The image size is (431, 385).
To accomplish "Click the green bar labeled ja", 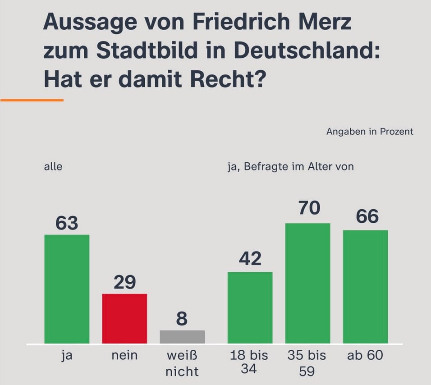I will coord(67,289).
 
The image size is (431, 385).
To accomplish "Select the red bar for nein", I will coord(124,319).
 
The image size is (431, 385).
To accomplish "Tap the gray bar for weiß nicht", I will coord(182,337).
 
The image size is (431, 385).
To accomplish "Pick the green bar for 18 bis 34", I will coord(250,307).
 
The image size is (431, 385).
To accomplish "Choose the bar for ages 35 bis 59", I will coord(308,283).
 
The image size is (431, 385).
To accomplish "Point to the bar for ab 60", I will coord(366,287).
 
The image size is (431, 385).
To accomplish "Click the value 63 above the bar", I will coord(67,223).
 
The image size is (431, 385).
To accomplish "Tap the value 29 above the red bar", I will coord(124,282).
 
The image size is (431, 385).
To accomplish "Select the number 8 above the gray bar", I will coord(182,319).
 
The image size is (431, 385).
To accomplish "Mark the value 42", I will coord(250,259).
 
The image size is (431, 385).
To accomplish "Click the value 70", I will coord(309,208).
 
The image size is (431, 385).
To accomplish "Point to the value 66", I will coord(367,217).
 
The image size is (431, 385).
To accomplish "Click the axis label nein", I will coord(124,356).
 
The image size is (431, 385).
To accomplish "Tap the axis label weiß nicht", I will coord(182,363).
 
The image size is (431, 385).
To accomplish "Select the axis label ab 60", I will coord(365,356).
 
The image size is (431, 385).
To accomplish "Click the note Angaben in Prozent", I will coord(369,132).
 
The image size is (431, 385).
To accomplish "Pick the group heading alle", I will coord(53,167).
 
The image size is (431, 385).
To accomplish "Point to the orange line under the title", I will coord(32,100).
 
